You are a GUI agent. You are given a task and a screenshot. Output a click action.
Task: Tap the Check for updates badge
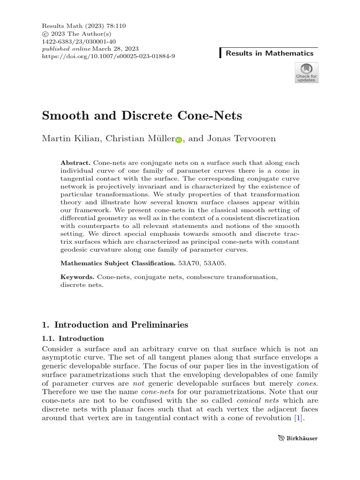pos(306,73)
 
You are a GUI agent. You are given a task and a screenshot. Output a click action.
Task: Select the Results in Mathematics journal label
pos(269,53)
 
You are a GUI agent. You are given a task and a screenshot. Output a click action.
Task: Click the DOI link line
pos(109,56)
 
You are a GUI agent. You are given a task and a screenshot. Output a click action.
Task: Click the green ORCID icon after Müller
pos(179,140)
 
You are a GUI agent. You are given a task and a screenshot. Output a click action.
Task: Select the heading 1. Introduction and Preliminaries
pos(115,324)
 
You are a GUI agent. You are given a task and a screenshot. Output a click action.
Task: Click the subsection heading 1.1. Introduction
pos(73,338)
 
